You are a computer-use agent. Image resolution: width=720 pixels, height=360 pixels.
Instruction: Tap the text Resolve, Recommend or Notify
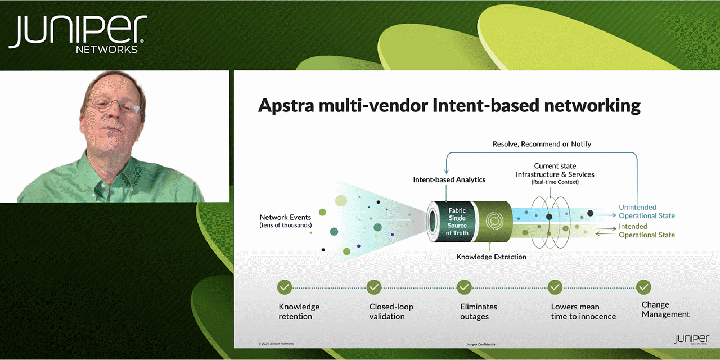542,144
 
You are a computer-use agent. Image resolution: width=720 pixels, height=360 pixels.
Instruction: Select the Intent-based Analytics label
449,180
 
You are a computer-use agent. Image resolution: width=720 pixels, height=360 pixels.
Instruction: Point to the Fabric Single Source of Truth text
457,222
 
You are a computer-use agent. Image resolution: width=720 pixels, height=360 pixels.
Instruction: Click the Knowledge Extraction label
491,257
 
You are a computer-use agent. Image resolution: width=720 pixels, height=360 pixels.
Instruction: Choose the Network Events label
286,221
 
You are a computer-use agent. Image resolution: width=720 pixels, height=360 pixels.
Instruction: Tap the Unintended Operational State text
646,211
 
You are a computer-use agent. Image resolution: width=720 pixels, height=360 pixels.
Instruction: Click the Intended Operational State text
646,231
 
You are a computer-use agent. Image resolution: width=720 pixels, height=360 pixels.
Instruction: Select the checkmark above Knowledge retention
285,287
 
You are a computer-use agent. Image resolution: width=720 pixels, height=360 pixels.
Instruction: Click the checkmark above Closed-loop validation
374,287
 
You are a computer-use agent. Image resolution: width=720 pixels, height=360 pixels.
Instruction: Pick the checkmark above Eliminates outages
464,287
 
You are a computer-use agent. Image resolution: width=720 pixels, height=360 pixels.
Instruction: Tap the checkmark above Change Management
643,287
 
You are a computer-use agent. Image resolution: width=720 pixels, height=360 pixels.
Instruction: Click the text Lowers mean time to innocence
583,312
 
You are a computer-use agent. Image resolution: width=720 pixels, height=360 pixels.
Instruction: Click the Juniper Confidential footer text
481,344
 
